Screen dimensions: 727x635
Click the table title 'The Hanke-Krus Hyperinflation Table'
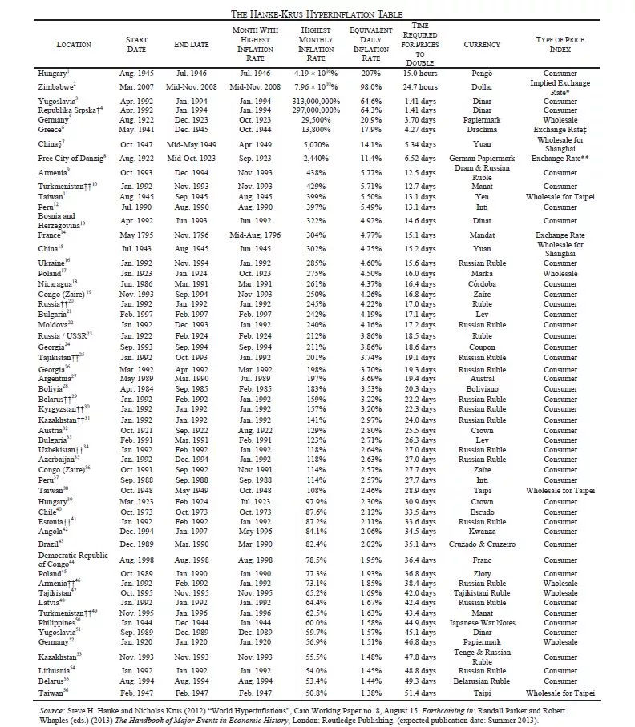[317, 14]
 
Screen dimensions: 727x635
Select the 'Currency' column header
[482, 45]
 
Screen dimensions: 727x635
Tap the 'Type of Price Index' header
[560, 45]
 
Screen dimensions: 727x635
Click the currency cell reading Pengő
[482, 74]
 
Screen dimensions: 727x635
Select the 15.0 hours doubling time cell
[419, 74]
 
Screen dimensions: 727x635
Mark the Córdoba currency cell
[482, 283]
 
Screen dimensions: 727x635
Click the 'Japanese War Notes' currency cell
[482, 622]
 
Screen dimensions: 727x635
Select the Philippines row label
[59, 622]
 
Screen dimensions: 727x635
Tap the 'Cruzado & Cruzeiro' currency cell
[482, 543]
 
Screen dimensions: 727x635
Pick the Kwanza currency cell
[482, 531]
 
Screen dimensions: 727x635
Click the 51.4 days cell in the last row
[419, 693]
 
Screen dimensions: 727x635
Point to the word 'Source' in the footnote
[54, 709]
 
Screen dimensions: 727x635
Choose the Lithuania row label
[57, 669]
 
